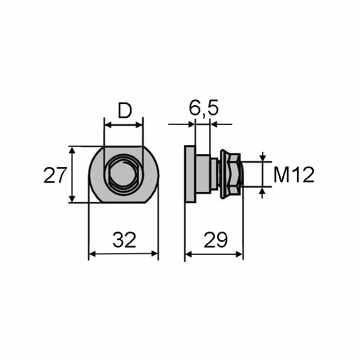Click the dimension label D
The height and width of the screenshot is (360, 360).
[125, 110]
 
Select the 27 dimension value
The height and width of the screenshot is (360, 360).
[55, 175]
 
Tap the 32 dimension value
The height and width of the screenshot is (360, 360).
[124, 240]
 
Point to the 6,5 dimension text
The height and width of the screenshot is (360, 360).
[204, 107]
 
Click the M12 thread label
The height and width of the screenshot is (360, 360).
[294, 175]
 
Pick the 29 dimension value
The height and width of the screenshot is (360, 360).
[215, 240]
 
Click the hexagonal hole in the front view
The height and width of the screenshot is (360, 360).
[123, 174]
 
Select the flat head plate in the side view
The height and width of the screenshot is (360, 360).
[190, 174]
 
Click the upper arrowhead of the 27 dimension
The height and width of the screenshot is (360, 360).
[72, 151]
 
